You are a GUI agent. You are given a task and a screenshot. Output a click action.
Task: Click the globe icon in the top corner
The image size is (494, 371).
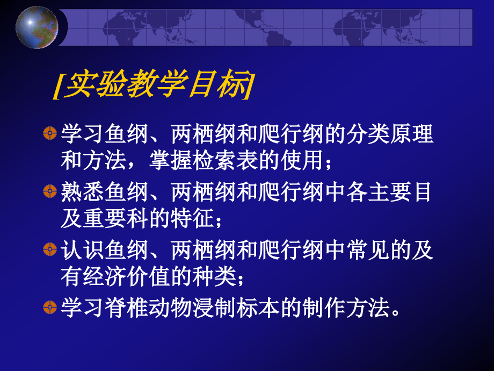click(x=37, y=26)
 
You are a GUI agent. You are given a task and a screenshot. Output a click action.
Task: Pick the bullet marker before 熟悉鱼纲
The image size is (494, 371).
click(x=49, y=192)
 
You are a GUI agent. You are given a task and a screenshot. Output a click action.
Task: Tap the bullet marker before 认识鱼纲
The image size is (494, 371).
click(x=49, y=249)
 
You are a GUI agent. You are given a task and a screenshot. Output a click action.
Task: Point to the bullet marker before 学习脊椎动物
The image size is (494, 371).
click(x=49, y=308)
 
